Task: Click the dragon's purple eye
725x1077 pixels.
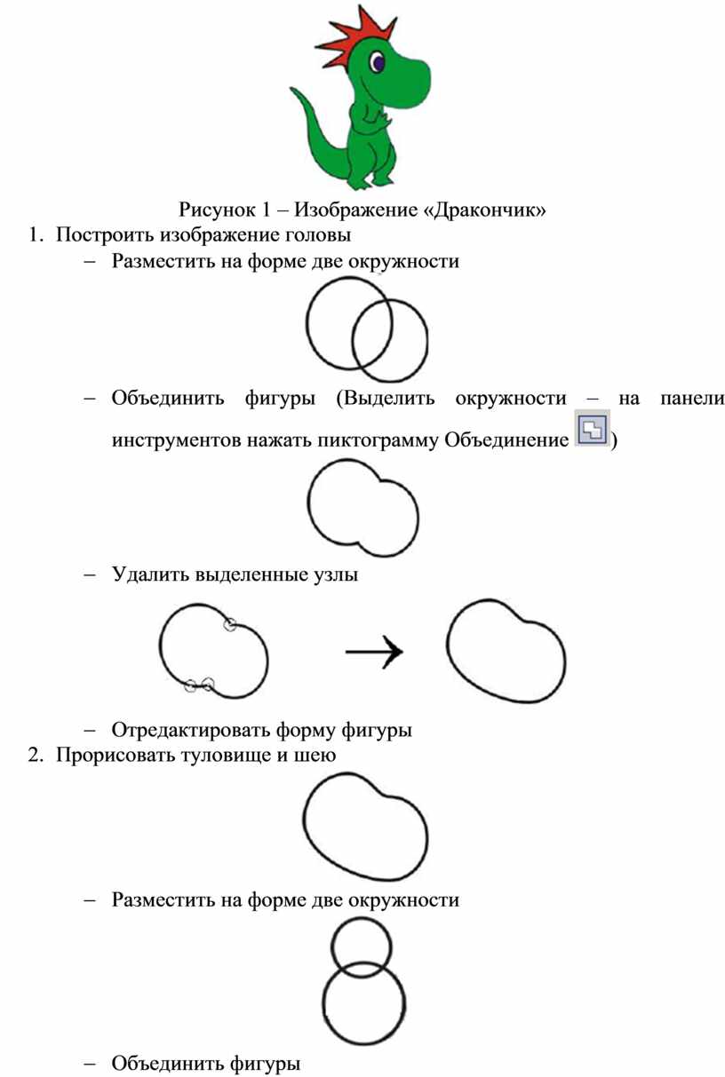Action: [x=378, y=63]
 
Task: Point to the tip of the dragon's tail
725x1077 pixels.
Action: [x=291, y=89]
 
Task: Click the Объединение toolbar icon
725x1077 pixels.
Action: [x=593, y=428]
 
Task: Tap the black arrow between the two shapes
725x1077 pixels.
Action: [x=374, y=652]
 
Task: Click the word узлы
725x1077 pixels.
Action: [x=335, y=575]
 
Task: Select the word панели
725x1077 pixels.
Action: [x=692, y=399]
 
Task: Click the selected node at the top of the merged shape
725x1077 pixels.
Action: [x=230, y=624]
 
